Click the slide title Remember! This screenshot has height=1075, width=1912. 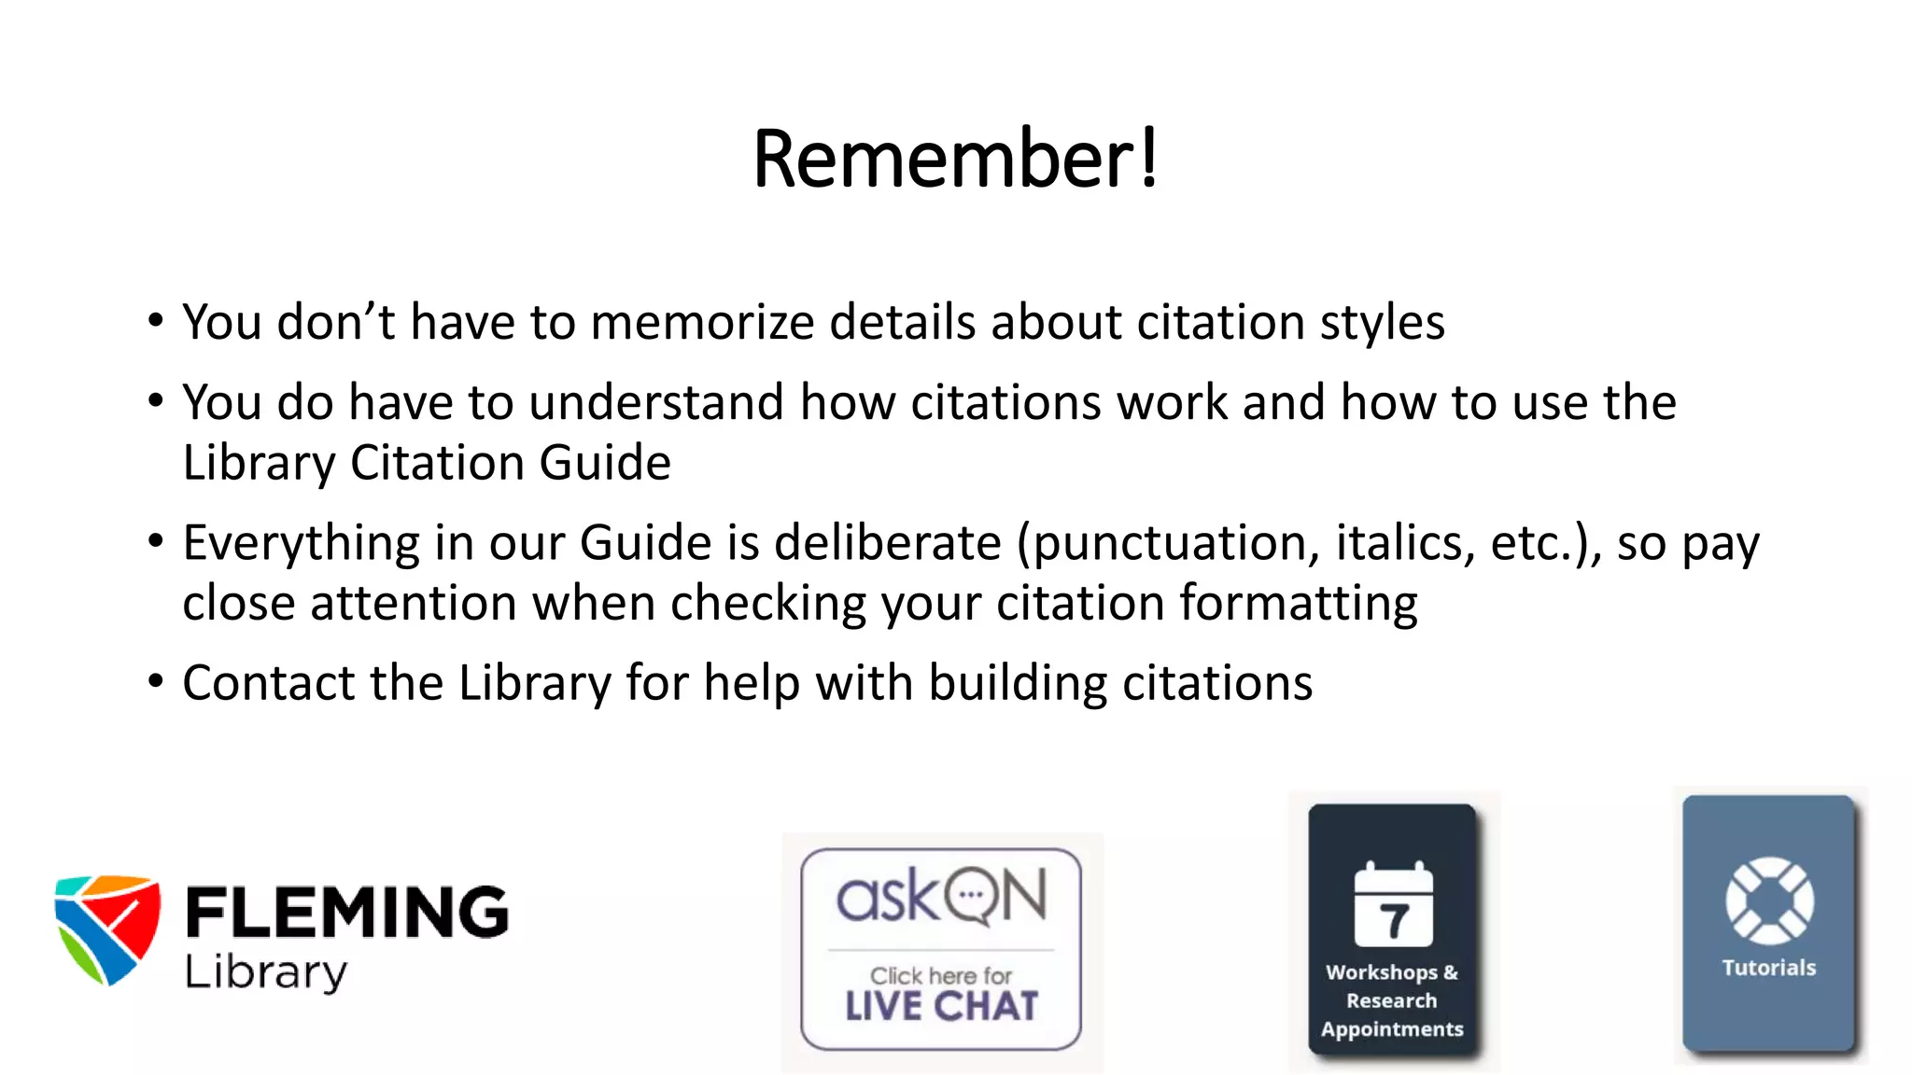coord(955,159)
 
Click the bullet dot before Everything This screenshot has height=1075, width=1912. coord(156,540)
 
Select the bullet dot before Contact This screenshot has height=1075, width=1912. coord(156,680)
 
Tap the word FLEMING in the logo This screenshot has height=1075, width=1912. coord(346,912)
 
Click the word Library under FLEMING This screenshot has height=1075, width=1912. coord(266,972)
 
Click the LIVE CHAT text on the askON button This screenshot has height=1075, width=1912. coord(941,1006)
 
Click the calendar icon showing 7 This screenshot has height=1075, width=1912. coord(1393,905)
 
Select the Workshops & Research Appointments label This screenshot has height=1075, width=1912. coord(1392,1000)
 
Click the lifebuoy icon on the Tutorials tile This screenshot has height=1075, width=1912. coord(1769,900)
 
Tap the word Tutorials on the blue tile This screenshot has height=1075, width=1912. coord(1769,968)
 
